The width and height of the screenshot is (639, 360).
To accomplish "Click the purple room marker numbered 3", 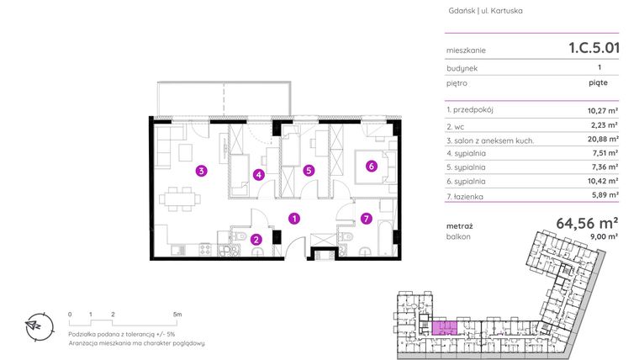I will (x=201, y=171).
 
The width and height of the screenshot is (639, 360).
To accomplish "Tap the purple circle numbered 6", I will (x=371, y=166).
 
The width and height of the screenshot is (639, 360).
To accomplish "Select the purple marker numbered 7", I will (x=366, y=219).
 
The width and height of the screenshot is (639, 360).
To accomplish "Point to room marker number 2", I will (x=256, y=239).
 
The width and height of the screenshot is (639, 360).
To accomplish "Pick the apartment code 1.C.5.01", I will (x=594, y=49).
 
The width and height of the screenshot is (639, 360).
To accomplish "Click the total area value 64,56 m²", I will (x=588, y=223).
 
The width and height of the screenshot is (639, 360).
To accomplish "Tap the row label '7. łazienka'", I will (x=467, y=194).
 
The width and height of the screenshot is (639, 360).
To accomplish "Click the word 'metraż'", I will (x=460, y=225).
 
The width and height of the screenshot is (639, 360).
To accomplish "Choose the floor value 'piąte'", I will (x=599, y=83).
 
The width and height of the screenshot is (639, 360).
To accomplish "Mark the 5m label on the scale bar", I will (x=177, y=313).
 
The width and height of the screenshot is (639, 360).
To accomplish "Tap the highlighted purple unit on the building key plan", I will (x=443, y=326).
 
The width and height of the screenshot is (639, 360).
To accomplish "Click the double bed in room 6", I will (x=371, y=166).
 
